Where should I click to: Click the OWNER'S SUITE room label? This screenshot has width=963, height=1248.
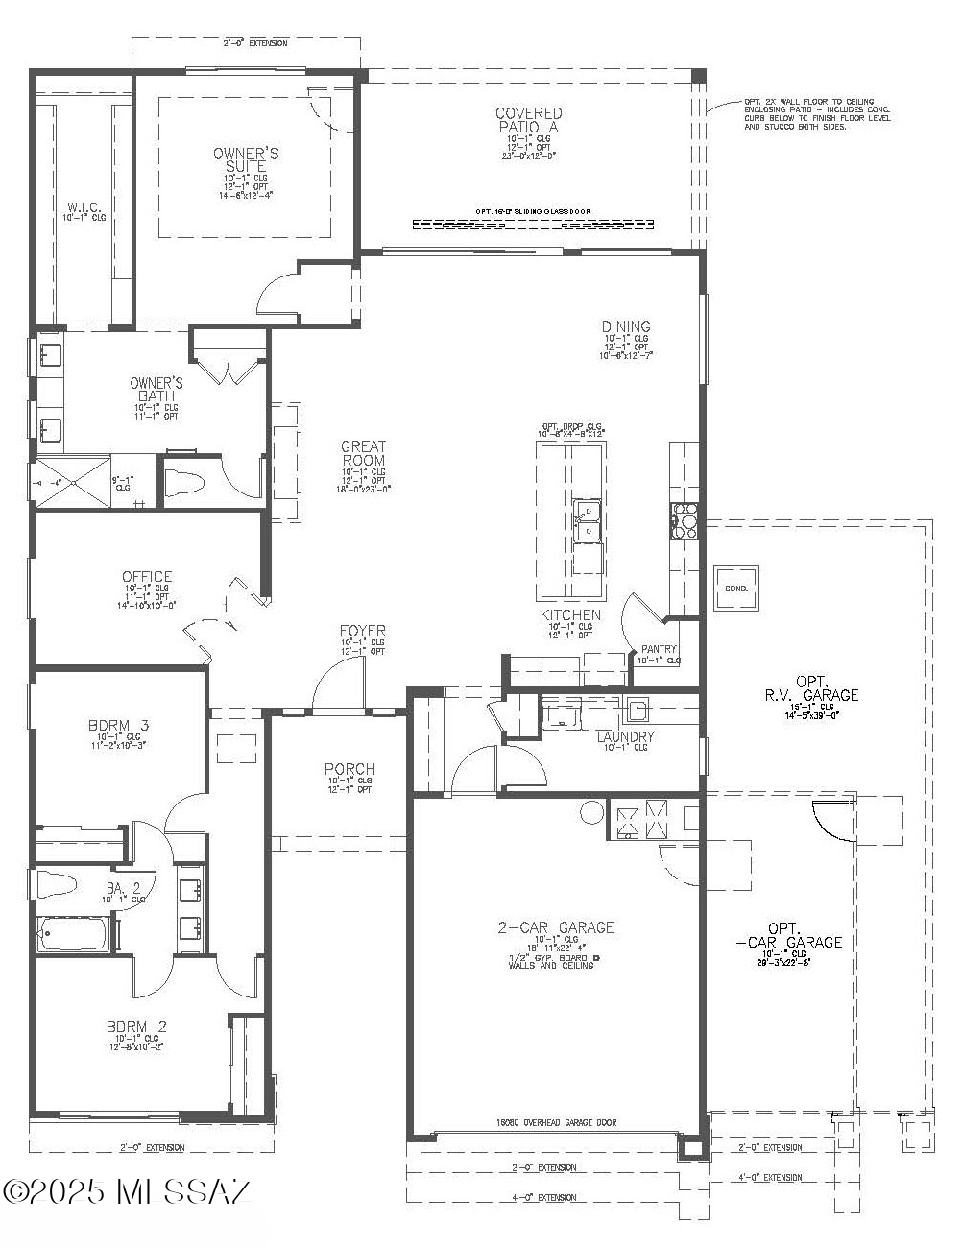pyautogui.click(x=246, y=159)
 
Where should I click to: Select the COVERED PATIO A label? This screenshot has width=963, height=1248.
pyautogui.click(x=528, y=120)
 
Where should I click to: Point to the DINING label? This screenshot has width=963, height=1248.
pyautogui.click(x=626, y=326)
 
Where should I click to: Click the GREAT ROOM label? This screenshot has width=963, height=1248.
pyautogui.click(x=363, y=453)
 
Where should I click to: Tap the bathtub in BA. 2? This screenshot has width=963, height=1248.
pyautogui.click(x=77, y=933)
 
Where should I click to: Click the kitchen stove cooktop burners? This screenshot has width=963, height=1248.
pyautogui.click(x=684, y=519)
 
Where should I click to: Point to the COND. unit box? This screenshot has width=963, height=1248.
pyautogui.click(x=736, y=588)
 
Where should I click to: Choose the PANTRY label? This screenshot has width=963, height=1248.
pyautogui.click(x=659, y=650)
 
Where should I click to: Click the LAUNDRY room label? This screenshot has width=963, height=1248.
pyautogui.click(x=625, y=736)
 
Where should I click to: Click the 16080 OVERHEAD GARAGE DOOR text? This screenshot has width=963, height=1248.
pyautogui.click(x=556, y=1122)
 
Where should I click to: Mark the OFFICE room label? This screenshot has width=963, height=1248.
pyautogui.click(x=147, y=577)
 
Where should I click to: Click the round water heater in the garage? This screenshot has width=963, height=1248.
pyautogui.click(x=591, y=812)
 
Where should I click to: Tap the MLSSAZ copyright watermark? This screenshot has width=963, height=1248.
pyautogui.click(x=127, y=1191)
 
